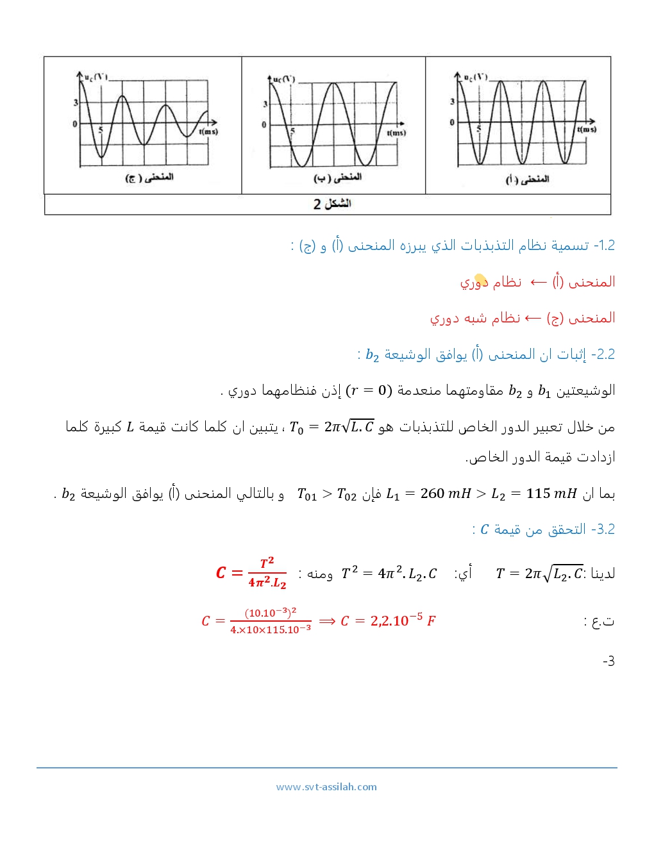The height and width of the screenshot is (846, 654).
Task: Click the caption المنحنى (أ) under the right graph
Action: [527, 179]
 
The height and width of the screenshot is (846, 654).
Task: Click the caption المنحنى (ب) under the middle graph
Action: [337, 177]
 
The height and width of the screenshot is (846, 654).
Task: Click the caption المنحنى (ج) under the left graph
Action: [149, 177]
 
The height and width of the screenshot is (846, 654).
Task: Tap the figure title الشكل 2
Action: [332, 204]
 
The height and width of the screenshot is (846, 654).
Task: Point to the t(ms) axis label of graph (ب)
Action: [396, 133]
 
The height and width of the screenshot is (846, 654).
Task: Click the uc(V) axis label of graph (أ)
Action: [476, 78]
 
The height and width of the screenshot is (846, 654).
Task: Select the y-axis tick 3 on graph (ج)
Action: [76, 103]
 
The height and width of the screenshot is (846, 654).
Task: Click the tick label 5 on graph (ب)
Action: [293, 131]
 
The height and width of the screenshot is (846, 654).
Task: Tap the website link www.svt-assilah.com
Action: [326, 787]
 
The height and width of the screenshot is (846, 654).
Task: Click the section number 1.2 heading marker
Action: [605, 245]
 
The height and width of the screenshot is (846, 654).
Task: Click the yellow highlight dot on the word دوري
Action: [480, 280]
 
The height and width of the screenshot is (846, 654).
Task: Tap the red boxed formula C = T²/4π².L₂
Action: [251, 572]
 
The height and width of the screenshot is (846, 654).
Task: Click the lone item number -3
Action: [608, 661]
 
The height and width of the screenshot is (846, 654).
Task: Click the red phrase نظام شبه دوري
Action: [475, 318]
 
